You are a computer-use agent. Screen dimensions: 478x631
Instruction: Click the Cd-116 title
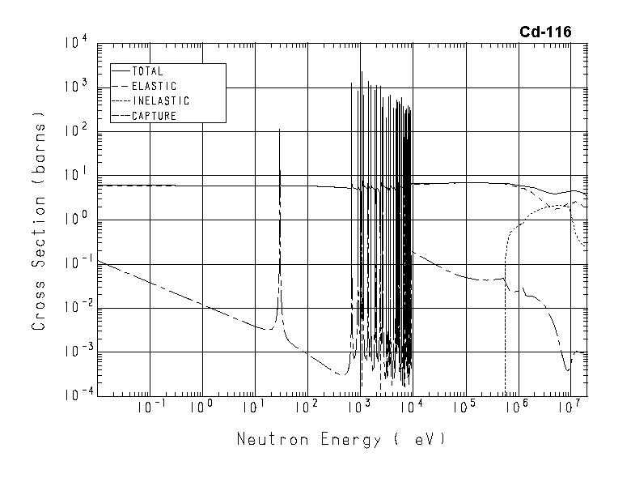(x=545, y=32)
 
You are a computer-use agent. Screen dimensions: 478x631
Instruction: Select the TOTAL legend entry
(x=146, y=71)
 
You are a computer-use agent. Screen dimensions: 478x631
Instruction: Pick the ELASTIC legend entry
(x=153, y=86)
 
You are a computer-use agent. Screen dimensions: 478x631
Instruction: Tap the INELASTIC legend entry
(x=159, y=101)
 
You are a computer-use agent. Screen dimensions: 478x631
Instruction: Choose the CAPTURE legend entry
(x=153, y=116)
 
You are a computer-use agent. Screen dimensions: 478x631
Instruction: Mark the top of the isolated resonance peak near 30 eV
(x=279, y=129)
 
